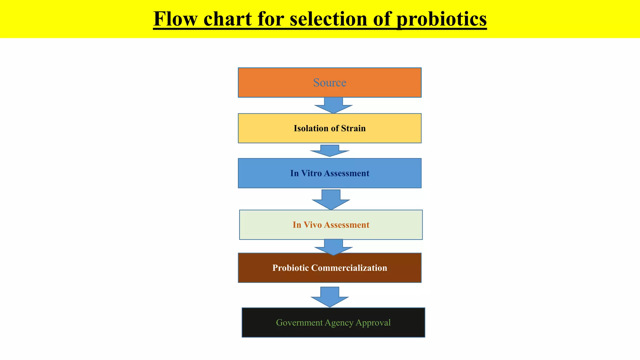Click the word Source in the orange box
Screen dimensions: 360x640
tap(330, 82)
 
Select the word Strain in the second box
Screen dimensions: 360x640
tap(353, 128)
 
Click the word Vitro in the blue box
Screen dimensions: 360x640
tap(311, 173)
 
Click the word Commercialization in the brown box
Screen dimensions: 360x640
tap(349, 268)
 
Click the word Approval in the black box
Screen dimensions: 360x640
tap(373, 322)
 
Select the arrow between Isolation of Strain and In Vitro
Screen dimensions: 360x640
tap(330, 151)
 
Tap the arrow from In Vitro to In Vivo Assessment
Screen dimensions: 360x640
tap(331, 200)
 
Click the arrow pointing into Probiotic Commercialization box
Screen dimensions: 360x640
tap(333, 247)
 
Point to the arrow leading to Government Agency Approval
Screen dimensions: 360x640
tap(330, 297)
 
